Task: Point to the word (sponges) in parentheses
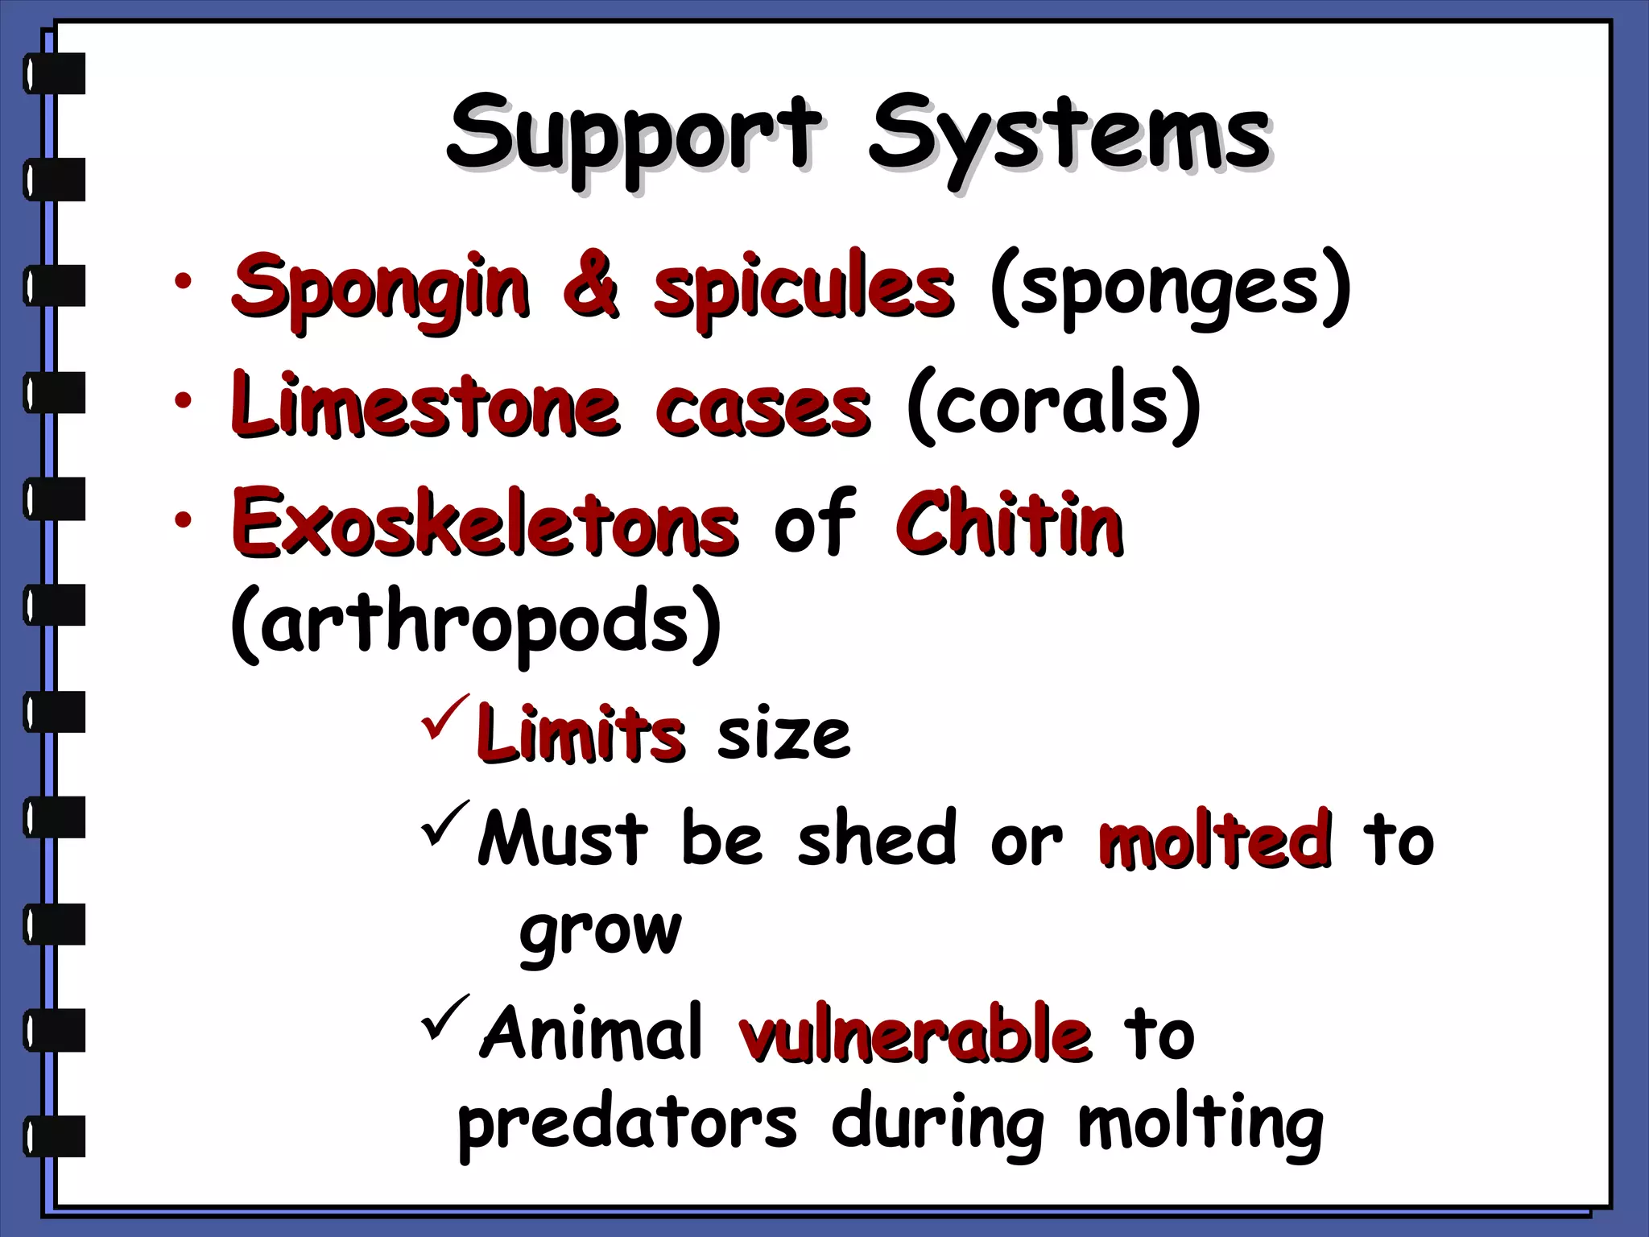point(1169,287)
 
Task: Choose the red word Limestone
point(425,405)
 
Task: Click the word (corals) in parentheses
point(1053,405)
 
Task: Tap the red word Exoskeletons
point(485,523)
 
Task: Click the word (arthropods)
point(475,623)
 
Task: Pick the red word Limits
point(580,733)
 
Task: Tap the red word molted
point(1214,840)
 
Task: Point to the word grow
point(600,933)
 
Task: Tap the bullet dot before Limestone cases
point(184,399)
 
